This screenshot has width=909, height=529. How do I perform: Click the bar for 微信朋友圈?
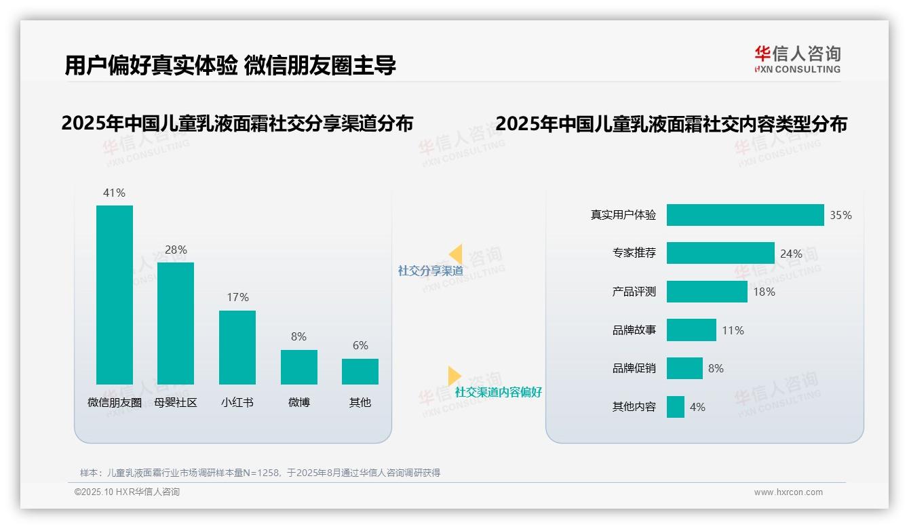click(115, 294)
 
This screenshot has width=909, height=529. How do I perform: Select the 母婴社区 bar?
click(176, 323)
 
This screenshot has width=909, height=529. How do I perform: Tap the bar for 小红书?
click(237, 347)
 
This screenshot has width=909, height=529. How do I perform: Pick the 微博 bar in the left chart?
click(298, 367)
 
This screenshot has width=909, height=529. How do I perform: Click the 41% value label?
click(114, 193)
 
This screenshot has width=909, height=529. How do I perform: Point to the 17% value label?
click(237, 297)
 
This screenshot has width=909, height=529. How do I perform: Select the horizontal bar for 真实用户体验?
click(745, 215)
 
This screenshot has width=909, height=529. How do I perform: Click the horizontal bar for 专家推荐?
click(720, 253)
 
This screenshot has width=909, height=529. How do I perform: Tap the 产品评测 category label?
click(634, 292)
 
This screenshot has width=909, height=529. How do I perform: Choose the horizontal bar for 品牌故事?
click(691, 330)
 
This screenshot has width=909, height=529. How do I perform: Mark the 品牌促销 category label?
click(634, 368)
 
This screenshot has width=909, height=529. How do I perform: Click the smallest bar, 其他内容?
click(675, 407)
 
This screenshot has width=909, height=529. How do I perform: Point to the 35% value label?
click(840, 215)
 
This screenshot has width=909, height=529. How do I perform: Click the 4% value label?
click(697, 407)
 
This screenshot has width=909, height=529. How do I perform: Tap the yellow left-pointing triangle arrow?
click(455, 254)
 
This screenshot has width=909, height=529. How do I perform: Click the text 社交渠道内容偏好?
click(498, 392)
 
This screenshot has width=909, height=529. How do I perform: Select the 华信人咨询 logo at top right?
click(797, 59)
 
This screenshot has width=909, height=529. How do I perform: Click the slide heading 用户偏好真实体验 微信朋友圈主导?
click(230, 65)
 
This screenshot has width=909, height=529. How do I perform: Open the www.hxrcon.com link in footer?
click(788, 492)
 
